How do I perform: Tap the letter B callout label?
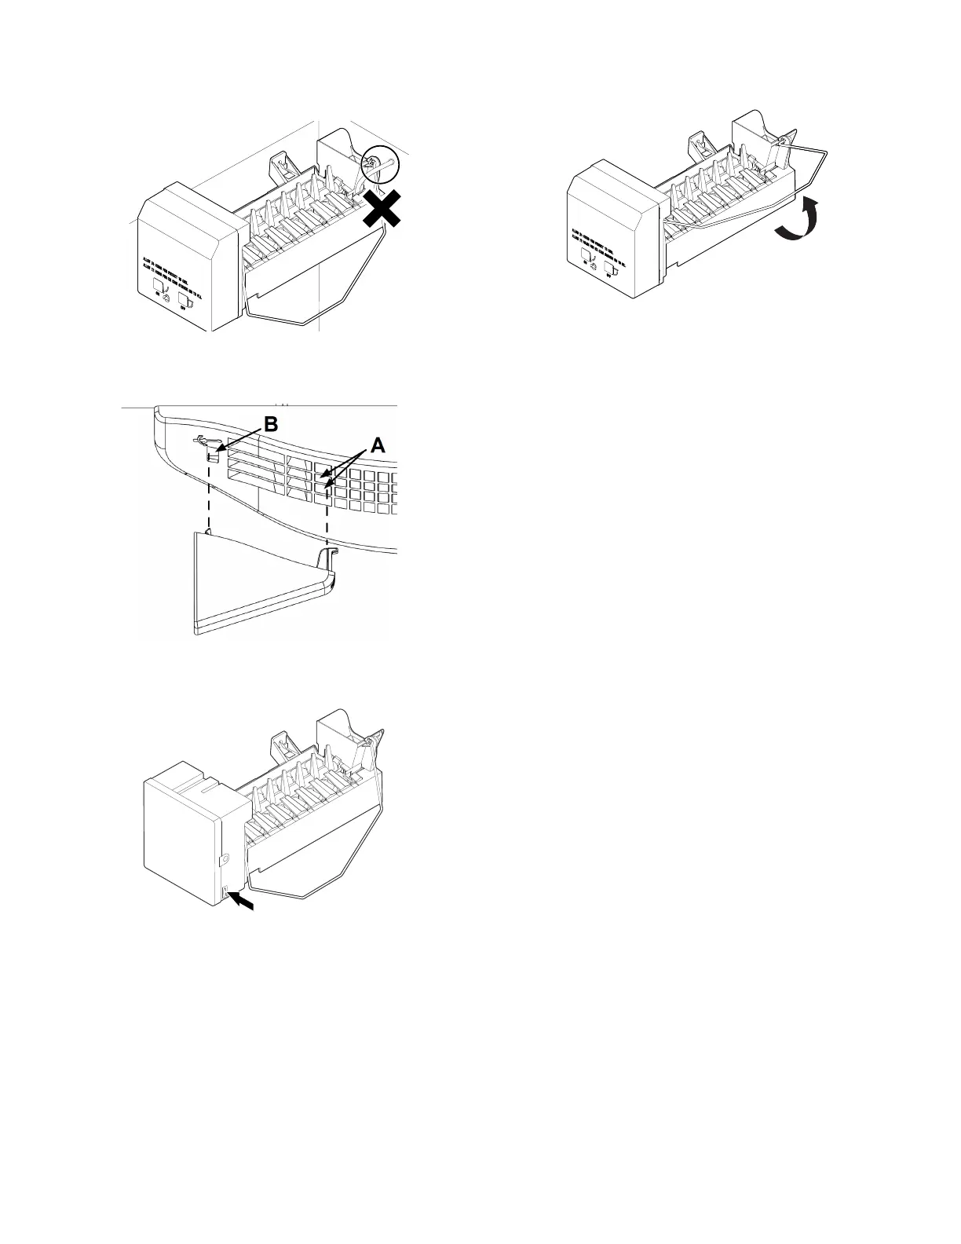pos(270,425)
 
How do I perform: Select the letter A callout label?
pos(378,445)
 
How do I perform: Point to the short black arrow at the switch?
pos(243,905)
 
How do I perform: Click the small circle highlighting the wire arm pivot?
pos(381,166)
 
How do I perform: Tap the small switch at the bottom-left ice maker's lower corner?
pos(226,892)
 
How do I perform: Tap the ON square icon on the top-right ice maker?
pos(586,257)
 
